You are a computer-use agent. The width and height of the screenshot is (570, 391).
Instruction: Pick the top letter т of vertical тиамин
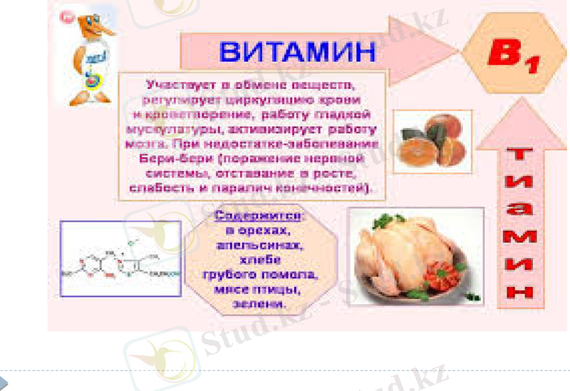[x=522, y=153]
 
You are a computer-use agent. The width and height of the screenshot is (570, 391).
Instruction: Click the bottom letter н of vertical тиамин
[x=522, y=291]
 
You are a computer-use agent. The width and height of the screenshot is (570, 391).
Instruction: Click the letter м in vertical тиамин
[x=522, y=236]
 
